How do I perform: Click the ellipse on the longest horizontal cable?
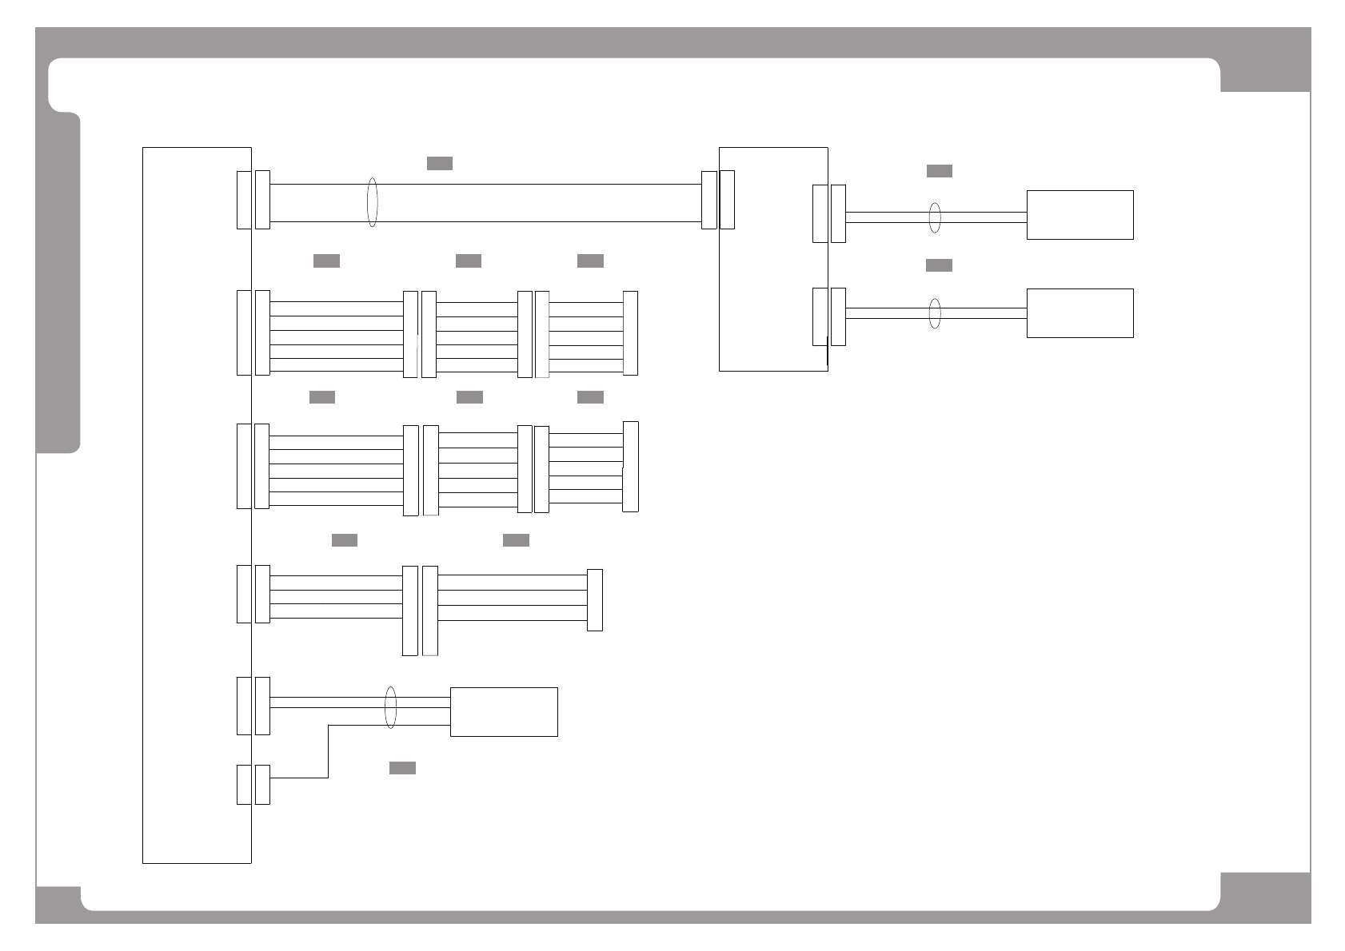click(x=372, y=202)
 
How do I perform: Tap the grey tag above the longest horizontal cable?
click(x=440, y=163)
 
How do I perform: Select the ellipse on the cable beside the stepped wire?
click(x=390, y=707)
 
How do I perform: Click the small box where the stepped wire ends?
click(x=504, y=711)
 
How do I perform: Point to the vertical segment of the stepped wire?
click(x=328, y=751)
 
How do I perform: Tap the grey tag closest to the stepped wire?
click(x=402, y=768)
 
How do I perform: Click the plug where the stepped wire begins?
click(x=262, y=785)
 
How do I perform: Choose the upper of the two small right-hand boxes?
click(x=1080, y=215)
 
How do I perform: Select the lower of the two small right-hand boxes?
click(x=1080, y=313)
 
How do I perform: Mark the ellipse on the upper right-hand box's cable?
click(x=935, y=217)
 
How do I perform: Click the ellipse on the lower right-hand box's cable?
click(x=935, y=313)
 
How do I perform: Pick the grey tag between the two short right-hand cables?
click(x=939, y=265)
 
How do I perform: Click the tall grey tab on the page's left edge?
click(x=58, y=284)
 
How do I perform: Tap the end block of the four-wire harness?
click(x=594, y=600)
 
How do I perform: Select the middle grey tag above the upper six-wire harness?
click(x=469, y=261)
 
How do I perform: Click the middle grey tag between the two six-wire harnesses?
click(x=469, y=397)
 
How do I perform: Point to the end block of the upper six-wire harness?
click(x=630, y=333)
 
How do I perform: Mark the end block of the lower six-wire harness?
click(x=630, y=467)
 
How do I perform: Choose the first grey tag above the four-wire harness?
click(x=345, y=540)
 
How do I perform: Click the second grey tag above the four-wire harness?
click(x=516, y=540)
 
